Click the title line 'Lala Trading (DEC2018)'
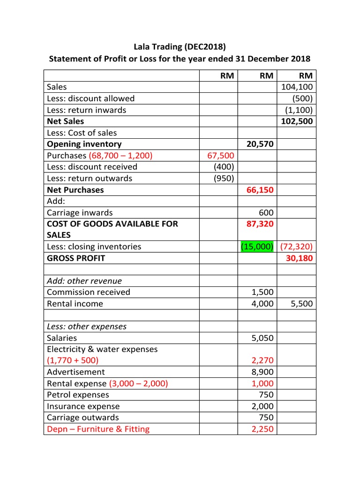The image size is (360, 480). pos(180,47)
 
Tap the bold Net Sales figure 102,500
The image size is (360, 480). pos(297,121)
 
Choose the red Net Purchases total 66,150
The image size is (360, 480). pos(260,190)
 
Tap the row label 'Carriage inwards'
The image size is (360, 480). pos(80,212)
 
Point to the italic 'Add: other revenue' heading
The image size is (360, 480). pos(84,281)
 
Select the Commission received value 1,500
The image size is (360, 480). pos(262,292)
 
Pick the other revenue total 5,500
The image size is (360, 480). pos(302,304)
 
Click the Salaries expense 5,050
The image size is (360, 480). pos(262,338)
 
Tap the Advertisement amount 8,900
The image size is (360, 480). pos(262,372)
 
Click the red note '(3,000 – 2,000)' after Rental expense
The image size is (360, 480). pos(138,383)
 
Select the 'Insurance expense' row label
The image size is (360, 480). pos(83,406)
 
